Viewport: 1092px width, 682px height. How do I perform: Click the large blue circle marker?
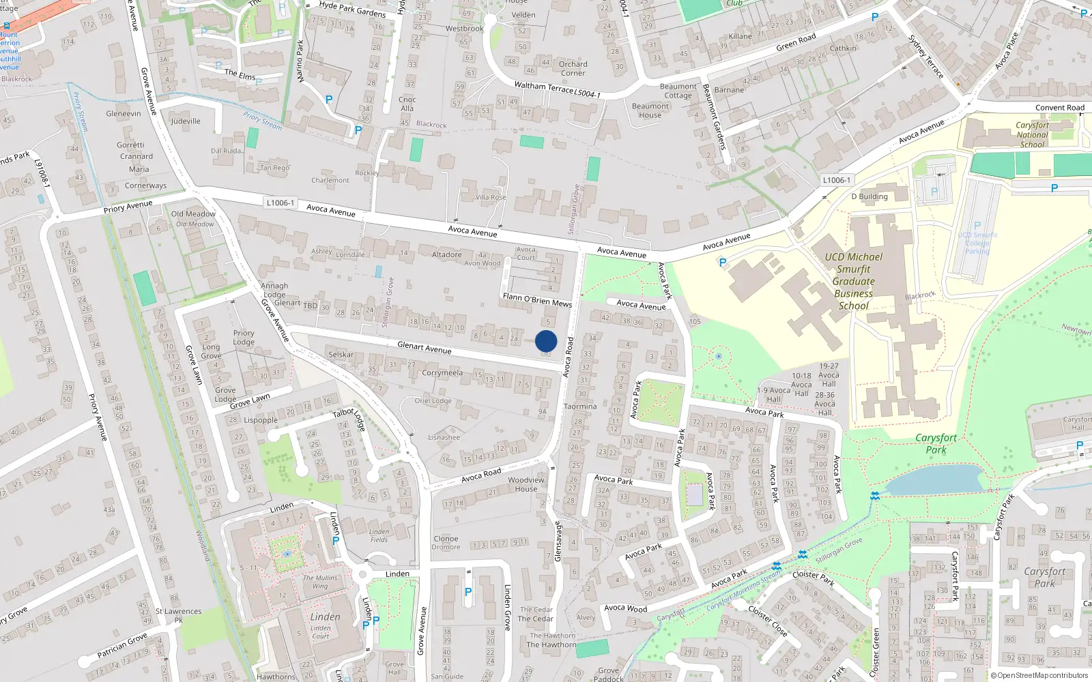point(546,341)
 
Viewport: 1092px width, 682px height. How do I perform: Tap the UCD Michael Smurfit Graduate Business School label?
point(853,281)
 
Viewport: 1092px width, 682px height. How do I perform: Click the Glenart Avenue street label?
point(424,348)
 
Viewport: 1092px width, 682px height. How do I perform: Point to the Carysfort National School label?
point(1032,134)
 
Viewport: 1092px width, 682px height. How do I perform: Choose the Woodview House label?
point(526,484)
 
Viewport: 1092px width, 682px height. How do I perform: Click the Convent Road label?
point(1059,108)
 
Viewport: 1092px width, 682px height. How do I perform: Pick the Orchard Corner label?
point(573,68)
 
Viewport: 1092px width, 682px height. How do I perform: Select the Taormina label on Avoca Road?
point(580,406)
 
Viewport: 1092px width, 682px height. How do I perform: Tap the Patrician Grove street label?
point(122,644)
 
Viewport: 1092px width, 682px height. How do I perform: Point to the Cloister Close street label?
point(768,621)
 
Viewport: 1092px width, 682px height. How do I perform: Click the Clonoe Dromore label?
point(446,543)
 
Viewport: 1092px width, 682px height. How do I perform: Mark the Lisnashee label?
point(444,437)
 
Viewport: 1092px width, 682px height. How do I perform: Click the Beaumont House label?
point(650,110)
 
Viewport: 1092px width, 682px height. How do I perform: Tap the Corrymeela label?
point(442,373)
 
